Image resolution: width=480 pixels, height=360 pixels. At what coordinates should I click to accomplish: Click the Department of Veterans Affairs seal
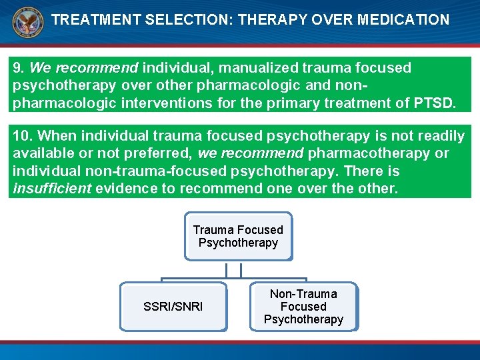pyautogui.click(x=27, y=23)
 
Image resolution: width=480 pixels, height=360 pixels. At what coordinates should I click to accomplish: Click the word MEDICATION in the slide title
pyautogui.click(x=403, y=20)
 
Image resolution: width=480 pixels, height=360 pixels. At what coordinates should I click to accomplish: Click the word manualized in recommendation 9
pyautogui.click(x=263, y=67)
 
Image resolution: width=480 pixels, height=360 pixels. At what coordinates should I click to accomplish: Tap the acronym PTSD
pyautogui.click(x=435, y=103)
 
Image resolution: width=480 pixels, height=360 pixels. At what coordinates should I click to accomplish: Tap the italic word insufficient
pyautogui.click(x=52, y=189)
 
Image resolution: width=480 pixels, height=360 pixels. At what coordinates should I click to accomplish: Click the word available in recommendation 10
pyautogui.click(x=43, y=154)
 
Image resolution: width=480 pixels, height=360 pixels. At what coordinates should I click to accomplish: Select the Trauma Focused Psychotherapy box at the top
pyautogui.click(x=238, y=236)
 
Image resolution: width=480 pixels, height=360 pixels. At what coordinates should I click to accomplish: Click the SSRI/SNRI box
pyautogui.click(x=173, y=307)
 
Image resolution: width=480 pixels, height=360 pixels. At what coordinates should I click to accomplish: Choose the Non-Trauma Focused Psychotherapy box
pyautogui.click(x=303, y=307)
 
